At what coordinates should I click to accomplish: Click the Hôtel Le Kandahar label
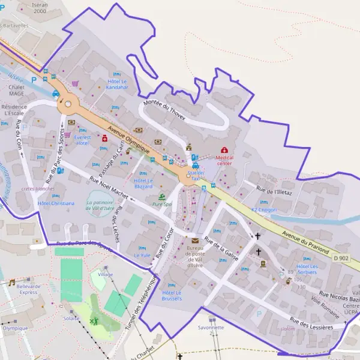(x=118, y=84)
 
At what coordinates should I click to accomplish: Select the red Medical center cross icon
(x=224, y=149)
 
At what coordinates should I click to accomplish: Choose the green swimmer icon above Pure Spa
(x=161, y=197)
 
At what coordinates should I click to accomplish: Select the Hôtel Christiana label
(x=56, y=203)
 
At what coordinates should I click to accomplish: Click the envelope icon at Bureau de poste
(x=195, y=240)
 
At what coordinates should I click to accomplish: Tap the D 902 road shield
(x=340, y=257)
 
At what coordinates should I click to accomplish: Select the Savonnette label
(x=211, y=328)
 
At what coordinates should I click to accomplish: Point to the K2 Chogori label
(x=264, y=209)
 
